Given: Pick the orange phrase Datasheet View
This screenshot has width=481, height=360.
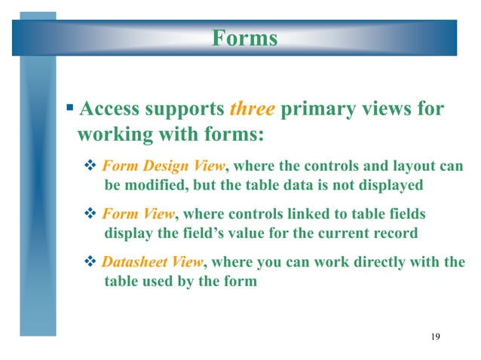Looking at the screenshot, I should click(x=152, y=262).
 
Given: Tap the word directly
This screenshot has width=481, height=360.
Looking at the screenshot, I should click(x=384, y=262).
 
